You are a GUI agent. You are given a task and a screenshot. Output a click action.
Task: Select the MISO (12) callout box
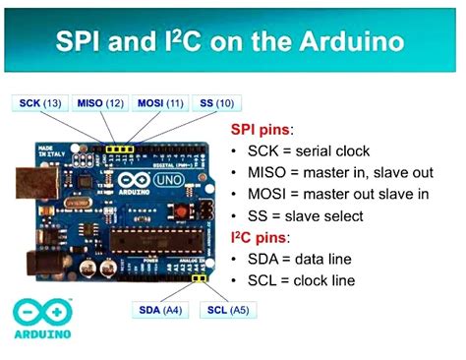click(x=101, y=102)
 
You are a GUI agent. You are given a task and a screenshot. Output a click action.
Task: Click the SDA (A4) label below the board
click(x=158, y=310)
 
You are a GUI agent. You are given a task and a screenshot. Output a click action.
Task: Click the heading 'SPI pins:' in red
click(x=262, y=129)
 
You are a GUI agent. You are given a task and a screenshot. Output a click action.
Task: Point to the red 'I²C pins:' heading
click(x=262, y=237)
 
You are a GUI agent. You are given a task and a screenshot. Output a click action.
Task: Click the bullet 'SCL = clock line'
click(x=307, y=280)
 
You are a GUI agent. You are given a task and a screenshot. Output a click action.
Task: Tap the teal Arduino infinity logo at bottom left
click(x=29, y=314)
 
